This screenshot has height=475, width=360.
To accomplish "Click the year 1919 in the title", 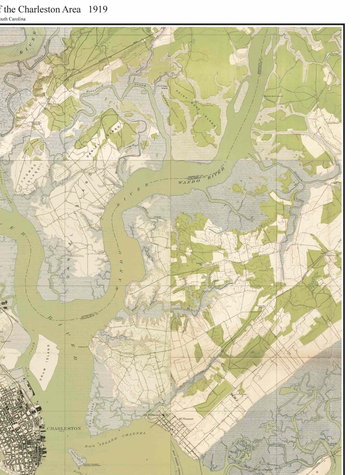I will point(98,9).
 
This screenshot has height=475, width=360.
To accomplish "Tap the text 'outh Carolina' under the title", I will point(13,19).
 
